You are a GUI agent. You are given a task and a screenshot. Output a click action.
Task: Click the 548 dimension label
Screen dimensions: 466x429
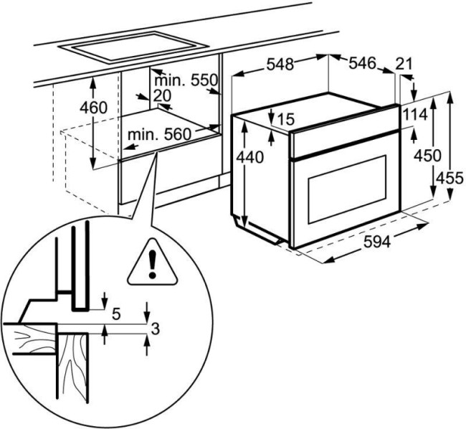click(280, 65)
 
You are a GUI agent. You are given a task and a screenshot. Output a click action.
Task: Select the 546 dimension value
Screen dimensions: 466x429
click(362, 63)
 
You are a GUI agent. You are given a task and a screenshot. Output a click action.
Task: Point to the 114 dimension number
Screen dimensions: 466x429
click(416, 115)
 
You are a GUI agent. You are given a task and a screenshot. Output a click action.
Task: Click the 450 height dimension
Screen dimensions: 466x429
click(428, 156)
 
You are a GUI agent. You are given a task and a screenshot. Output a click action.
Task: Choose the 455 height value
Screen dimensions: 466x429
click(450, 179)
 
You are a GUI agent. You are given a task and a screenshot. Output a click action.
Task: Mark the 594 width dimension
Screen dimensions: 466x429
click(377, 242)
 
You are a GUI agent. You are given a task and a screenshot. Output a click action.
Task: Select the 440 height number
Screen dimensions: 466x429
click(250, 157)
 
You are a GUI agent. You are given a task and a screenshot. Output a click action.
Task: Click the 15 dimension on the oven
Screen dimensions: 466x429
click(285, 119)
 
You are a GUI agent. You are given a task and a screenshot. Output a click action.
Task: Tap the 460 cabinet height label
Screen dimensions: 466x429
click(93, 108)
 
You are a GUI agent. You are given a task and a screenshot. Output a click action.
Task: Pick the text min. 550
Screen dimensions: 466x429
click(186, 80)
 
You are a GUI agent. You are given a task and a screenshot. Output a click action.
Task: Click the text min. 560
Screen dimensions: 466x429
click(159, 135)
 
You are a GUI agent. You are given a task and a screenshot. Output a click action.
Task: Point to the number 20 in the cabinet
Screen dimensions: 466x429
click(162, 95)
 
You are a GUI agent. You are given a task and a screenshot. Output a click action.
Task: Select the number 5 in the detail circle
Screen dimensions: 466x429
click(116, 314)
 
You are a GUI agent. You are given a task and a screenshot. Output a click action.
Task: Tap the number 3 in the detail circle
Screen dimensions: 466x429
click(156, 329)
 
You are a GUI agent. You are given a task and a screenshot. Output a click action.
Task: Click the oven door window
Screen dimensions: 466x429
click(347, 189)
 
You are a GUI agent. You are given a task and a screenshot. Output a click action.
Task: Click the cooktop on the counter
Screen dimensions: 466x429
click(133, 47)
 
